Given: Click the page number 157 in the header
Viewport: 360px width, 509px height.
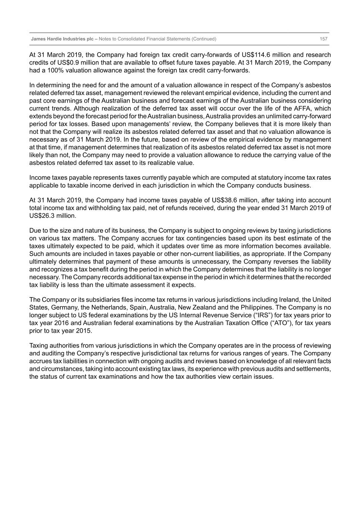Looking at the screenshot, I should coord(323,39).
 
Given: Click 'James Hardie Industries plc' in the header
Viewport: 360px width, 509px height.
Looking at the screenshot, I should coord(62,39).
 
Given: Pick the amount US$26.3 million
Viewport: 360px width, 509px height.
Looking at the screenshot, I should coord(53,216).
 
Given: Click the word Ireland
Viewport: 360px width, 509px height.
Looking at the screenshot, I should coord(289,300).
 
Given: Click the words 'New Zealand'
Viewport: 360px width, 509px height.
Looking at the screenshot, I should coord(197,308).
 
